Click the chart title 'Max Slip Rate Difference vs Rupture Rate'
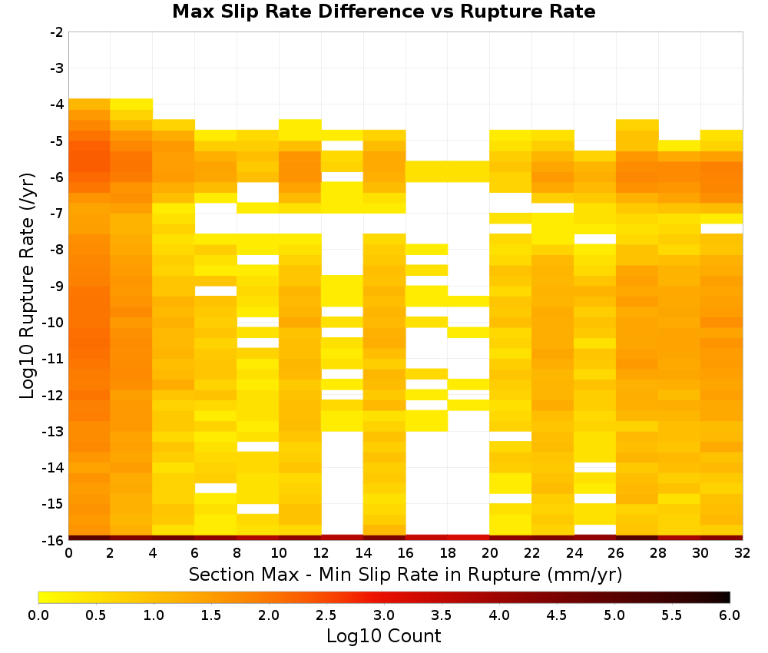(x=384, y=12)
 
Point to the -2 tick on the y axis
(x=57, y=32)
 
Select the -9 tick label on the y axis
(x=57, y=286)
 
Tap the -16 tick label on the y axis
(x=54, y=540)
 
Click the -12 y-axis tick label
(x=54, y=395)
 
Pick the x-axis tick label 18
(x=447, y=553)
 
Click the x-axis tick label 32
(x=743, y=553)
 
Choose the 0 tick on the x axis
(x=68, y=553)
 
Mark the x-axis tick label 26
(x=616, y=553)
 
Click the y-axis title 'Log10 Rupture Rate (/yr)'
(x=28, y=286)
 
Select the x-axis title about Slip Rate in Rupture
(x=406, y=574)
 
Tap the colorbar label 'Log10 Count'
(x=384, y=636)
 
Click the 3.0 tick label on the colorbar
(x=384, y=615)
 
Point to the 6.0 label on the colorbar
(x=730, y=615)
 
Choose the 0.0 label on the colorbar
(x=38, y=615)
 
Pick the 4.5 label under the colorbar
(x=557, y=615)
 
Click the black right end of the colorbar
(x=728, y=597)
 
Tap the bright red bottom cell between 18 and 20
(x=468, y=538)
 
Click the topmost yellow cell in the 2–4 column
(x=131, y=104)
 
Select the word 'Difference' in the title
(x=371, y=12)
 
